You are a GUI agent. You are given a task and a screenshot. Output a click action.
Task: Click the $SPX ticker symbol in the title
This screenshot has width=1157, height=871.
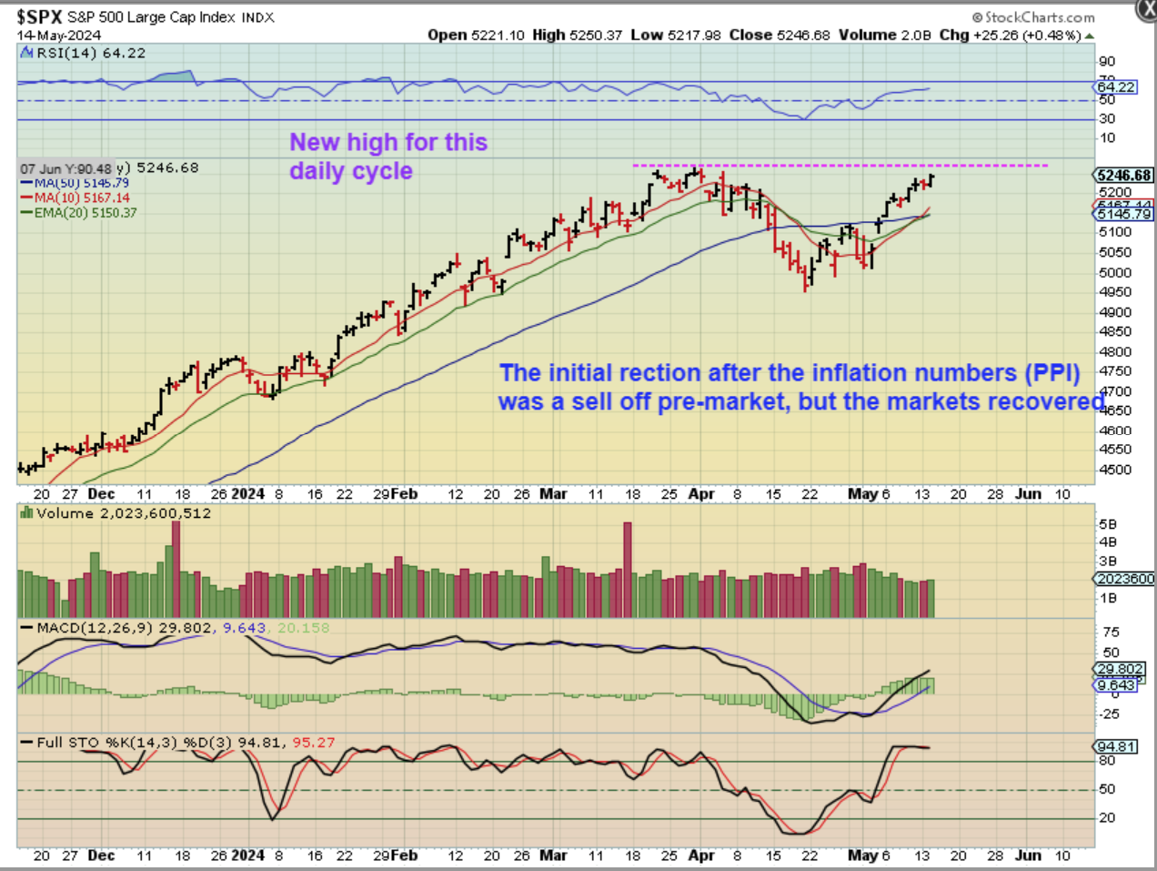coord(39,15)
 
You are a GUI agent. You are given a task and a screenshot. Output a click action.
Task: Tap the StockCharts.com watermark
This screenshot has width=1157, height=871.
coord(1033,16)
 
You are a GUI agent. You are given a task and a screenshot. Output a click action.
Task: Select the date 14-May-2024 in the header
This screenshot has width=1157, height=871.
coord(59,35)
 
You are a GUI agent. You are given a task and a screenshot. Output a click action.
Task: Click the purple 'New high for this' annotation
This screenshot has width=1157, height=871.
coord(388,142)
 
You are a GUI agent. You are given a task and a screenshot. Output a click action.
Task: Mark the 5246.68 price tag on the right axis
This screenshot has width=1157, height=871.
coord(1124,175)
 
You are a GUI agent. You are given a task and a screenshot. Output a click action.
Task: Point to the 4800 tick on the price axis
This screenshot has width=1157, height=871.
coord(1115,351)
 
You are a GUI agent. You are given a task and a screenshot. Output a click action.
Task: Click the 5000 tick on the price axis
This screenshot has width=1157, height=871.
coord(1115,272)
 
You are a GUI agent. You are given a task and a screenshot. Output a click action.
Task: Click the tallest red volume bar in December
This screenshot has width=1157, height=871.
coord(176,569)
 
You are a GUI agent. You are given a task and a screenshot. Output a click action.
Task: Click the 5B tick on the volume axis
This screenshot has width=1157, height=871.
coord(1108,524)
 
